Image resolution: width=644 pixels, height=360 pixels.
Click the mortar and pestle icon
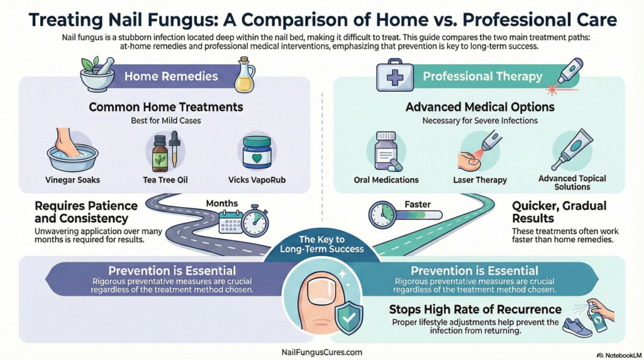click(x=97, y=76)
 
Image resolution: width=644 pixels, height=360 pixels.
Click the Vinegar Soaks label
click(x=72, y=180)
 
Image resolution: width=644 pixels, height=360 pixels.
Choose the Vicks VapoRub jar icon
click(x=257, y=152)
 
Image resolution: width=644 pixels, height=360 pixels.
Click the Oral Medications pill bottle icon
click(x=386, y=151)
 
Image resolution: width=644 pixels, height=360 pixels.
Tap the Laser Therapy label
click(x=480, y=180)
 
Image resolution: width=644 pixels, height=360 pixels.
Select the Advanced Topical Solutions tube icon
click(x=572, y=149)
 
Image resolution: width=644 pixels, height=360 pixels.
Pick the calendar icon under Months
click(x=231, y=221)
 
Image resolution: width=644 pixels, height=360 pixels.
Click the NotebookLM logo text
click(x=618, y=354)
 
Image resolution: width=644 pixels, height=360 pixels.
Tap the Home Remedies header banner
click(x=170, y=77)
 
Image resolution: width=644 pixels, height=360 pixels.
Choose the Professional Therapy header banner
click(x=482, y=77)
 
